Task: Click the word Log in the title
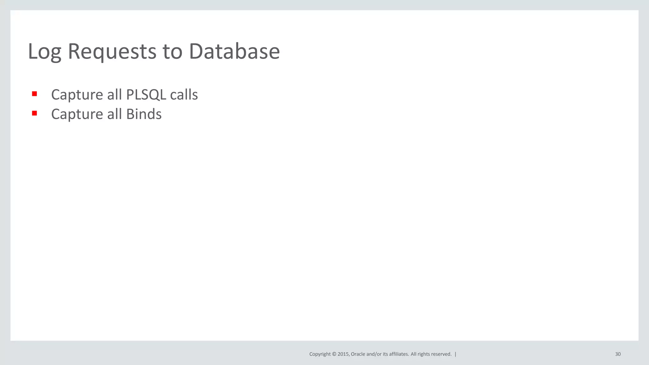coord(44,51)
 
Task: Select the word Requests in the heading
coord(112,51)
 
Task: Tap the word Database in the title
coord(234,51)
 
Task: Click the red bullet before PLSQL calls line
coord(35,94)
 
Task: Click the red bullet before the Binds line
coord(35,113)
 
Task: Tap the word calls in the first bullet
coord(184,95)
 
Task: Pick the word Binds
coord(144,114)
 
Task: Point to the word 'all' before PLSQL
coord(114,95)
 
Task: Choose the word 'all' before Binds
coord(114,114)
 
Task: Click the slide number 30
coord(618,354)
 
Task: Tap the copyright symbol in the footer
coord(334,354)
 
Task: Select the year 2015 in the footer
coord(344,354)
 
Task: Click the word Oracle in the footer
coord(358,354)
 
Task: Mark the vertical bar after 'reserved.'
coord(455,354)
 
